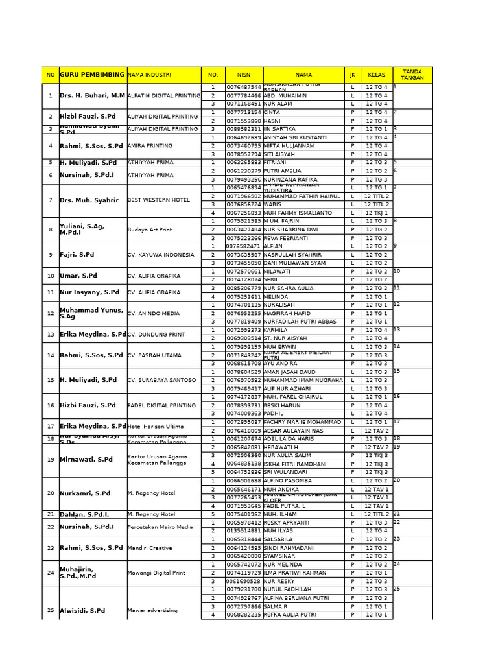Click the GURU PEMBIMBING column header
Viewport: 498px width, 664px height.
(x=92, y=75)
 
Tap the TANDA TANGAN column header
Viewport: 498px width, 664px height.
(x=412, y=75)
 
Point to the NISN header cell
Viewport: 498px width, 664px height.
(x=243, y=75)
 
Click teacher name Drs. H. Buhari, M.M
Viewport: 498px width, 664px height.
(x=92, y=95)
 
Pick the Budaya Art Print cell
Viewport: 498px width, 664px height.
(x=150, y=230)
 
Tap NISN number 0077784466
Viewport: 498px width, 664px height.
(x=243, y=95)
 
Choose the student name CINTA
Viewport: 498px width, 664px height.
(x=272, y=112)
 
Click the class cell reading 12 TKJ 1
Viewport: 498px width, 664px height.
(x=376, y=213)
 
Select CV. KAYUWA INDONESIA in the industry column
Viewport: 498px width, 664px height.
(x=161, y=255)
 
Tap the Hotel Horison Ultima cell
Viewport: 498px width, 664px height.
(x=156, y=426)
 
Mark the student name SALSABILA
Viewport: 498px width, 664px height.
(x=278, y=539)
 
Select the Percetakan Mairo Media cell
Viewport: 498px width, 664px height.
(x=160, y=527)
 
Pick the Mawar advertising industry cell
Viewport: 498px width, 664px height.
(x=152, y=611)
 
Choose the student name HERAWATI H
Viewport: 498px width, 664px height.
(x=281, y=447)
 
